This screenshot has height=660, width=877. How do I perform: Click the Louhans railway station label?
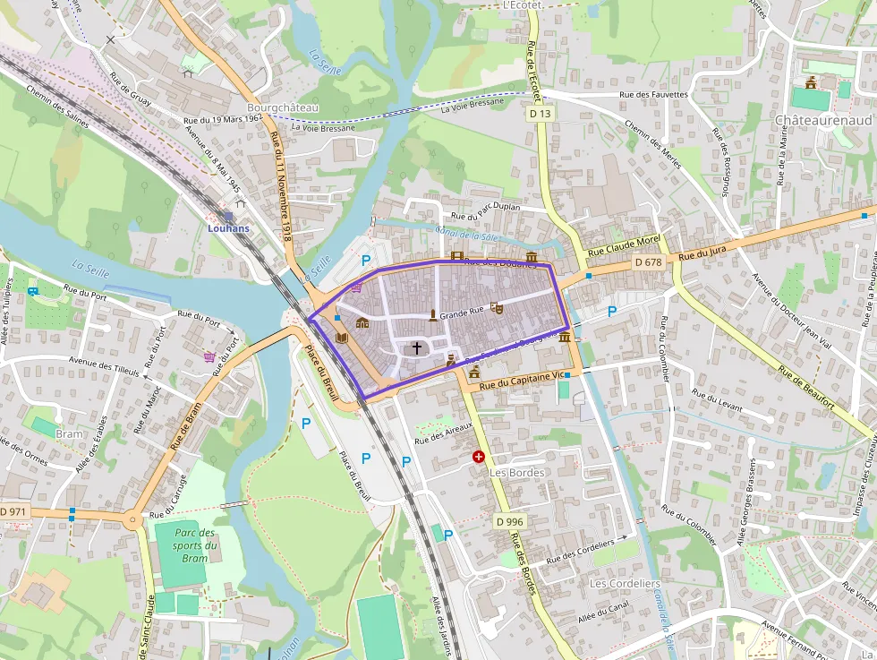coord(228,228)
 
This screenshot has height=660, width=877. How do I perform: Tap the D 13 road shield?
coord(541,114)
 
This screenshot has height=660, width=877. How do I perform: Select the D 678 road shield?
coord(648,262)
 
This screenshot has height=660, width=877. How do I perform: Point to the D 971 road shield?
coord(13,510)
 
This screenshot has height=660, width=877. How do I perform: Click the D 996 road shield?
coord(509,521)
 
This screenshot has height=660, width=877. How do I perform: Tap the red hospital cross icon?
coord(479,457)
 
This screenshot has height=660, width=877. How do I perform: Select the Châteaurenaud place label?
coord(822,119)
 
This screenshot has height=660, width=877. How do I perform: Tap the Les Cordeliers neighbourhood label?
coord(625,584)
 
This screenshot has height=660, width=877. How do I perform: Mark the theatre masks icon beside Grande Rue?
coord(497,308)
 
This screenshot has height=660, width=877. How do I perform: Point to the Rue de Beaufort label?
coord(805,388)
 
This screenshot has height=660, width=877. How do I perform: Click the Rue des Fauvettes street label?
coord(653,94)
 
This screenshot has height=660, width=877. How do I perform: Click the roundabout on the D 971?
coord(132,518)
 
